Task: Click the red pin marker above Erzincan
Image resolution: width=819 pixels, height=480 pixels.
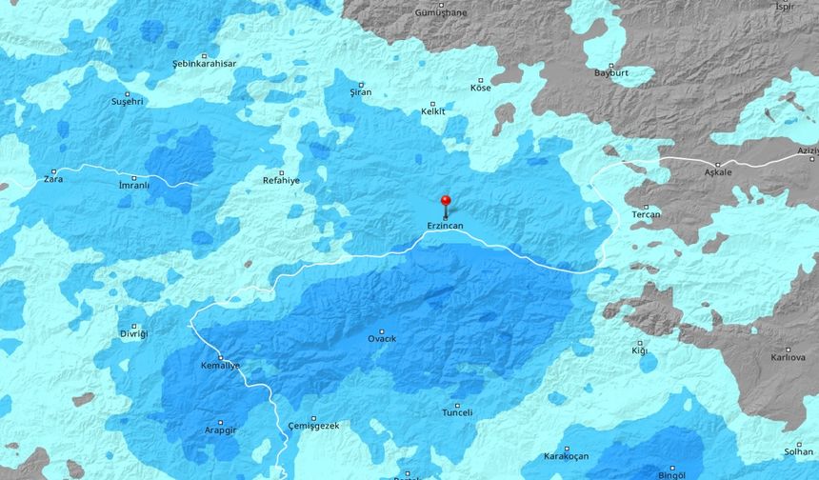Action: click(445, 201)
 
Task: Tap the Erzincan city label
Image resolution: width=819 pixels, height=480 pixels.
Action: click(445, 227)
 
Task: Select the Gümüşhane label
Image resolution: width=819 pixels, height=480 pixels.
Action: click(441, 13)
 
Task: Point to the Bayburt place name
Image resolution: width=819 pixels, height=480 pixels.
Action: click(610, 72)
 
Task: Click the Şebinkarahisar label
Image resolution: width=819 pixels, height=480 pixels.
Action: click(204, 63)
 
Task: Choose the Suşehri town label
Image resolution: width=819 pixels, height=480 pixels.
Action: click(127, 101)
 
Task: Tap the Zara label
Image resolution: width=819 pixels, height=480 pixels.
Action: click(52, 178)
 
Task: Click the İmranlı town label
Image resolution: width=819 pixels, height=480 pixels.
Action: click(133, 185)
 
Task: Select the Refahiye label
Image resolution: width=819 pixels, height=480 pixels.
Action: click(281, 180)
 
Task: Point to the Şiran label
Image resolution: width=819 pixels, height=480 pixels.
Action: click(361, 92)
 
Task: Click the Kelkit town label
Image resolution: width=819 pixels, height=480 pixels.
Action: click(433, 111)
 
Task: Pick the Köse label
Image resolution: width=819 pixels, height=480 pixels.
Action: click(481, 88)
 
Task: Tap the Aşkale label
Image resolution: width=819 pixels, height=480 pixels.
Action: click(718, 172)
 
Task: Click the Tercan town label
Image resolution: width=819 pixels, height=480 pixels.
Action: click(646, 214)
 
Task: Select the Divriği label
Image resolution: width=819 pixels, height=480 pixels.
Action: click(133, 334)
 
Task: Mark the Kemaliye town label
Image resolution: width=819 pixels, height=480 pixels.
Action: click(220, 366)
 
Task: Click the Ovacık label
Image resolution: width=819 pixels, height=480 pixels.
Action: click(382, 339)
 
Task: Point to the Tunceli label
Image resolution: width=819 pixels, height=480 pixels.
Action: click(457, 412)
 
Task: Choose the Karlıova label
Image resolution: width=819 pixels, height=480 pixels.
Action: click(788, 358)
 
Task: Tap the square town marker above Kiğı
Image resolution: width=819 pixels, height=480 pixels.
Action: click(640, 343)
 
